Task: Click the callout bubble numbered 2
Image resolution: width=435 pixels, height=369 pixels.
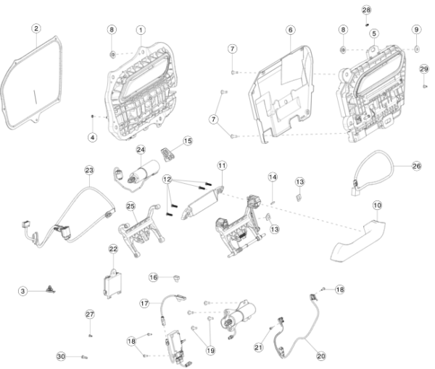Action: [36, 28]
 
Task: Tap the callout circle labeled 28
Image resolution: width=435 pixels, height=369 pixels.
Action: [366, 10]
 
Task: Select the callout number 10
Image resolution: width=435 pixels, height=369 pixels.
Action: [377, 205]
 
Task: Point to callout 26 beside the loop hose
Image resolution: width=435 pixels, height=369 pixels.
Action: [416, 166]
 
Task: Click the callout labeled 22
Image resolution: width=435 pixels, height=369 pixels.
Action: [113, 249]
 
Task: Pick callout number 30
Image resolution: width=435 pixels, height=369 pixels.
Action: [61, 356]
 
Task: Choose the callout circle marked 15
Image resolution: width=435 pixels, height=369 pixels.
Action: [188, 141]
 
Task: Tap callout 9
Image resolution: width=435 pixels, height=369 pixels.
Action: [416, 30]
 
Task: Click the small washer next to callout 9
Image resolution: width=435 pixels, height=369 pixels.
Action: [417, 49]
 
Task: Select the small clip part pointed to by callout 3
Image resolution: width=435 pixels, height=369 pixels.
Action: [51, 289]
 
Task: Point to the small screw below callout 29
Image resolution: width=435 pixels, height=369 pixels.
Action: [425, 87]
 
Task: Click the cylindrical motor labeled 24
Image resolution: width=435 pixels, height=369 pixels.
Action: [145, 171]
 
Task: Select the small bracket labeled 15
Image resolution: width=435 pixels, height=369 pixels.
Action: [167, 154]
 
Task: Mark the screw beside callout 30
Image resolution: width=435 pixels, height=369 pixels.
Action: [85, 357]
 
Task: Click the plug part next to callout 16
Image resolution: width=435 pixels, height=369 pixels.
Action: [176, 278]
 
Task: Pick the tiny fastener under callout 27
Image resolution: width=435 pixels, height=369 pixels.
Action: [90, 336]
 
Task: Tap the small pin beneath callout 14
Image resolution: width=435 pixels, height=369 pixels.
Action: [273, 203]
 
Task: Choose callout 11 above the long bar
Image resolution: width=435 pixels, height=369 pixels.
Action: [222, 166]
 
